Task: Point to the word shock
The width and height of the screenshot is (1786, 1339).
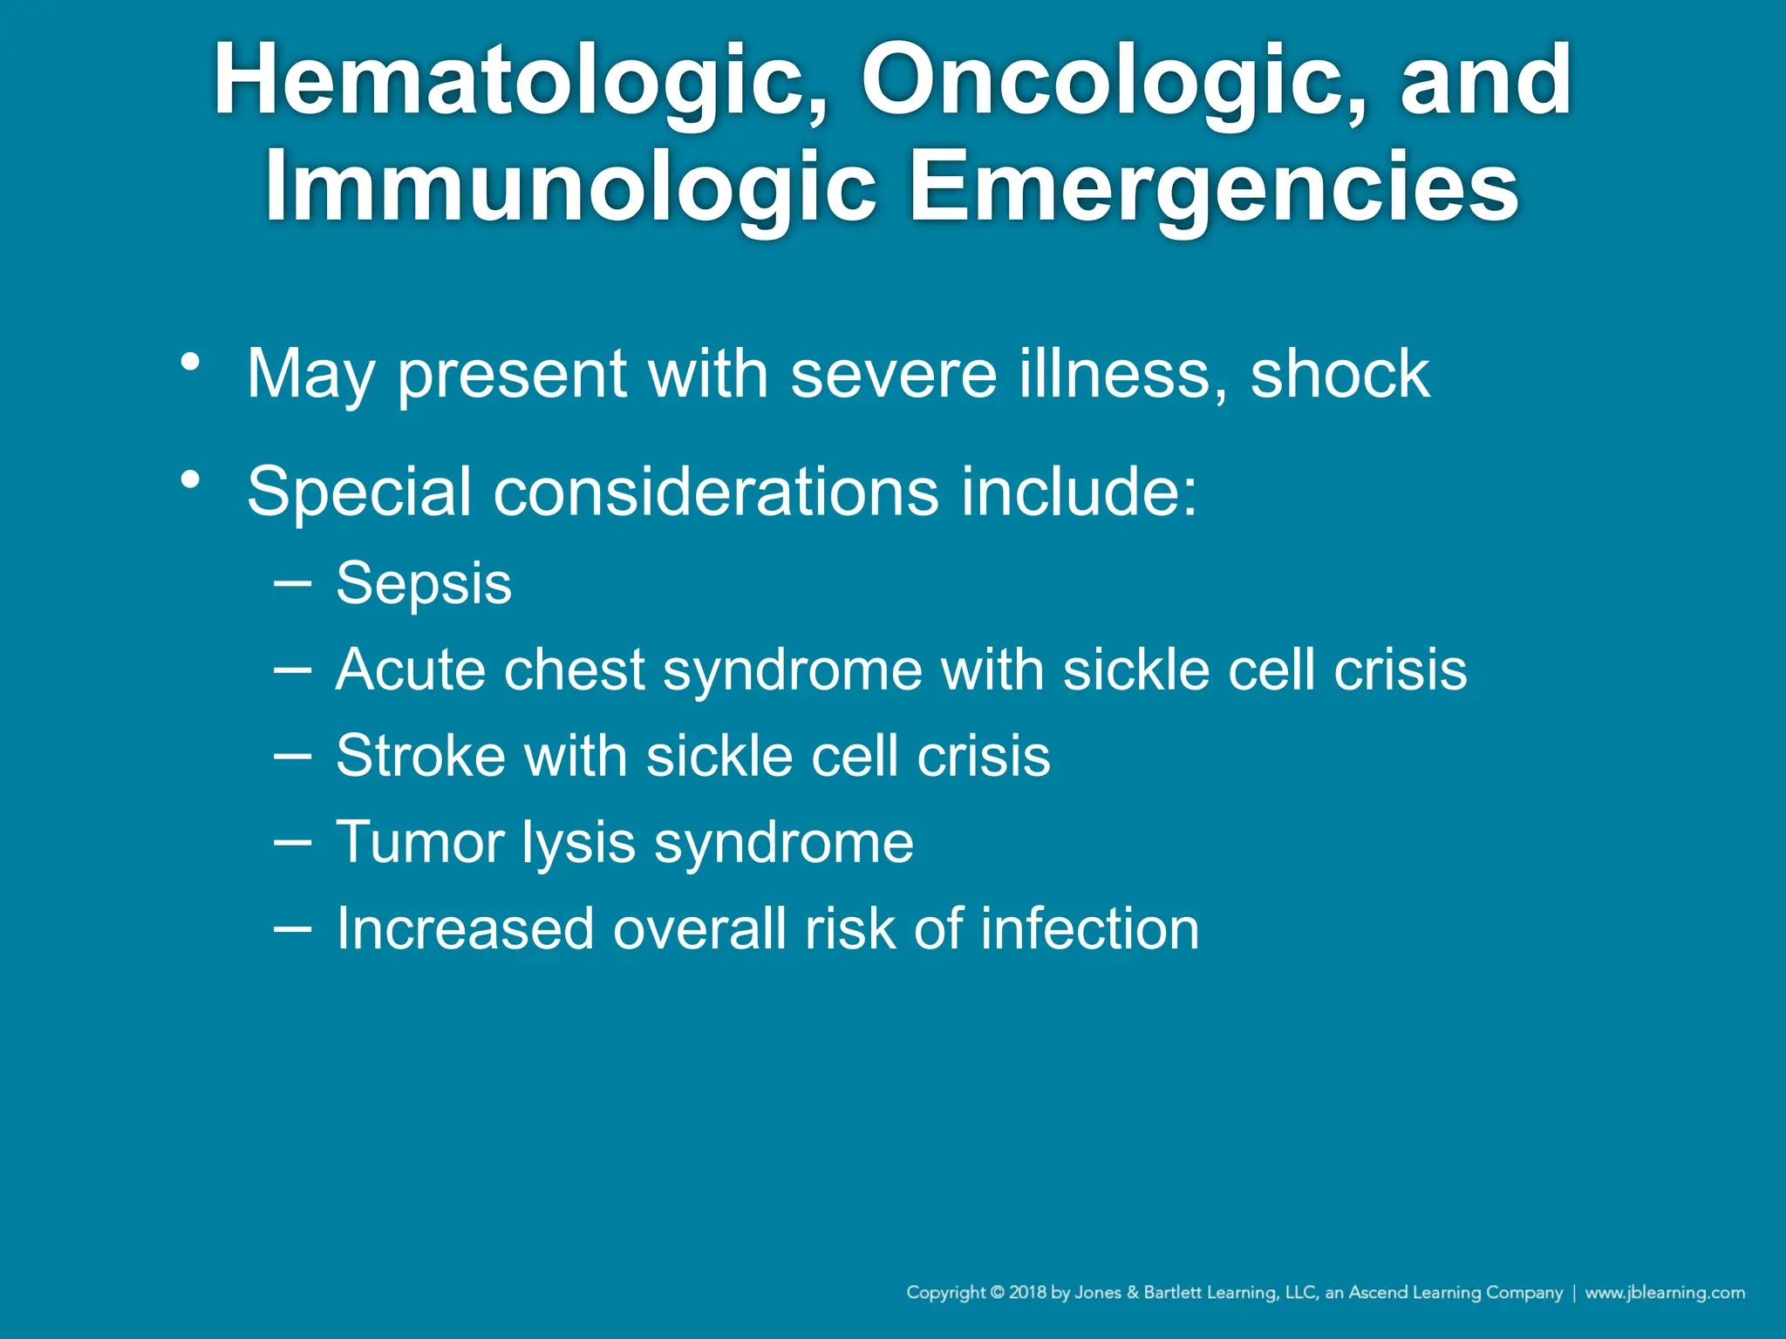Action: (1339, 374)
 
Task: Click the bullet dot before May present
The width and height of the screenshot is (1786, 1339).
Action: (191, 361)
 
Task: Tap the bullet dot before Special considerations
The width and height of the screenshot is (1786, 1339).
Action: (191, 479)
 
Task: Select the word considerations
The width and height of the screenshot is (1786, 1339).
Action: (716, 492)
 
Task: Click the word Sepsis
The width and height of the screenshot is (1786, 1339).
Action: (424, 584)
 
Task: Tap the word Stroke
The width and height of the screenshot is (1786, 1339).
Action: (419, 756)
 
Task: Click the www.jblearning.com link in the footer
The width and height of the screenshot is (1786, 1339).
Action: (1664, 1293)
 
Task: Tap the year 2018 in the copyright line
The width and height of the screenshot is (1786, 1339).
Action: (1027, 1293)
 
